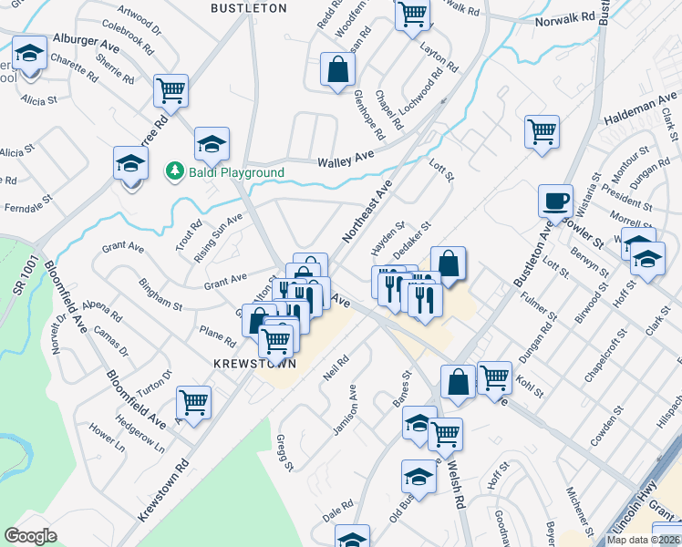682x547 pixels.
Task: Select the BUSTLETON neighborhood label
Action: [x=249, y=8]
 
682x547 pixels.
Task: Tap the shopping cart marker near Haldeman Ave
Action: [x=542, y=131]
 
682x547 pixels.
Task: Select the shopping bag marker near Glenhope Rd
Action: [x=337, y=70]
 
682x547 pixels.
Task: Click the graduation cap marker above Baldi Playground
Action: [x=212, y=144]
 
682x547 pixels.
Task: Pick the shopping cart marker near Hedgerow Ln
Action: [x=193, y=402]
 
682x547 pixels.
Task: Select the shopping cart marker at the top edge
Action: [x=412, y=14]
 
